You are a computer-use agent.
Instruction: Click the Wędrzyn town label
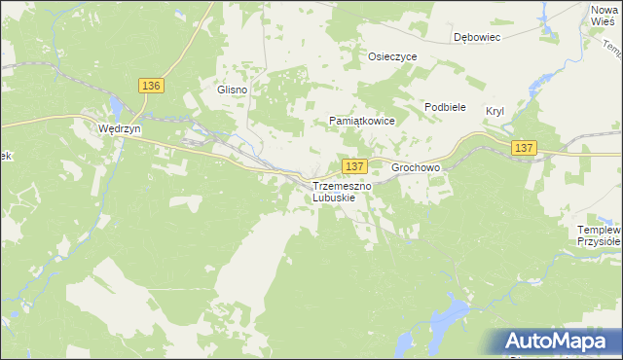[122, 127]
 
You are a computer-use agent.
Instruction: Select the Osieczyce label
[391, 56]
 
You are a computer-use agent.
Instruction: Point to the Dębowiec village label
[476, 38]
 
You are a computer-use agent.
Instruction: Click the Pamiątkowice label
[360, 122]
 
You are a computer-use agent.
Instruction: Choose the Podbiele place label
[445, 107]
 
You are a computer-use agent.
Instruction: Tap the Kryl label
[495, 111]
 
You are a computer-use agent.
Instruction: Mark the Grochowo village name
[416, 167]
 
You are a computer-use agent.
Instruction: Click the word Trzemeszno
[340, 186]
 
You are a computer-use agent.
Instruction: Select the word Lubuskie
[334, 198]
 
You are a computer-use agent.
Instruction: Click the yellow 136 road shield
[151, 86]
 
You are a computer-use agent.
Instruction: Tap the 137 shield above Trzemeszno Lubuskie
[354, 166]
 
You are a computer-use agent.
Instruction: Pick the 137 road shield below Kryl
[524, 147]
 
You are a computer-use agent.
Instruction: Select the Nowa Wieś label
[605, 15]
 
